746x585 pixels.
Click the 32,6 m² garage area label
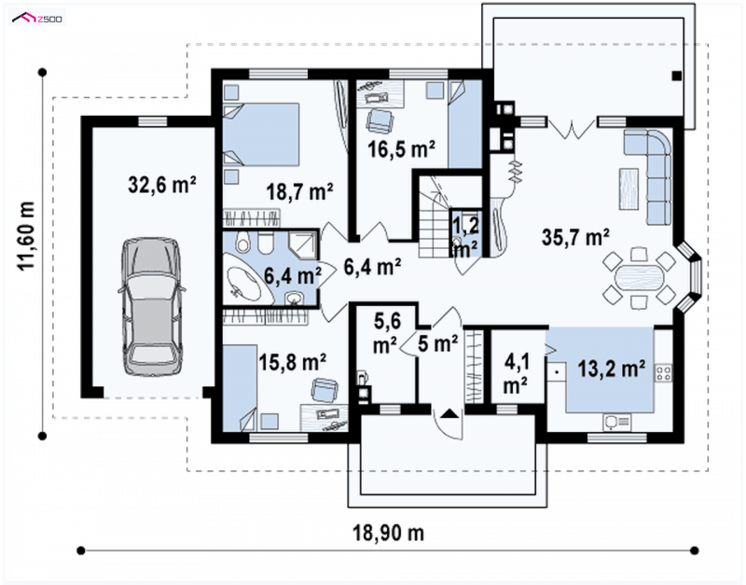click(x=162, y=184)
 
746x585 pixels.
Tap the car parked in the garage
click(x=152, y=308)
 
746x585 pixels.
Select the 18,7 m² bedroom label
click(x=299, y=192)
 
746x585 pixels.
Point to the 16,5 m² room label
click(x=402, y=149)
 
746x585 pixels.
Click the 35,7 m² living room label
click(x=576, y=237)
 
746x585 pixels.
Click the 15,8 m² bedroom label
click(x=292, y=362)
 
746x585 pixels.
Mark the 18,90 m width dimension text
click(x=388, y=533)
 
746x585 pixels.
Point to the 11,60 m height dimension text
click(x=26, y=236)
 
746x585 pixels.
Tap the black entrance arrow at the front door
click(x=449, y=412)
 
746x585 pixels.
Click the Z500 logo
click(x=37, y=19)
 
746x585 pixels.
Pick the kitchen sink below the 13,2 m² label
click(x=617, y=422)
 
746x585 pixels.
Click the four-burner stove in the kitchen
click(x=663, y=373)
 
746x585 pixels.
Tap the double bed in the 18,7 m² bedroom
click(x=261, y=134)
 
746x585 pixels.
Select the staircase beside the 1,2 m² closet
click(x=434, y=216)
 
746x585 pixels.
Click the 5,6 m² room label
click(x=386, y=334)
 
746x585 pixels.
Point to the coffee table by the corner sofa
click(x=629, y=189)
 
